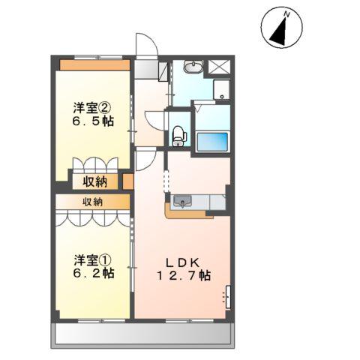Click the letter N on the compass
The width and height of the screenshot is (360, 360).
(287, 15)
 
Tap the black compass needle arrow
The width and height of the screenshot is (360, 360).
(280, 32)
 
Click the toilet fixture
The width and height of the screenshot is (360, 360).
(179, 136)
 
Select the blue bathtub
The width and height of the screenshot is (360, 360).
(212, 142)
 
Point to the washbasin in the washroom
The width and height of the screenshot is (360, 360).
(193, 67)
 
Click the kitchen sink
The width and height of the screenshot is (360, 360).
(183, 202)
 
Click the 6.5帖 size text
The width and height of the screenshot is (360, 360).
(93, 121)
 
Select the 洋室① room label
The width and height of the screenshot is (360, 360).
(92, 259)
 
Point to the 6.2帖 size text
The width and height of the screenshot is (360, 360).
(94, 273)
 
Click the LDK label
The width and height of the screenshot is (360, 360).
(183, 262)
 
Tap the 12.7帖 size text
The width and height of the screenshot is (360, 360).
(184, 276)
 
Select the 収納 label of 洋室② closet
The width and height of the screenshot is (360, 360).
(95, 181)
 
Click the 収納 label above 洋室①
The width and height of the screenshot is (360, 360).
(93, 202)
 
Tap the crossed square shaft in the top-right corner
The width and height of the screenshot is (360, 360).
(219, 67)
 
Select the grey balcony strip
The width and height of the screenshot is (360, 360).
(142, 335)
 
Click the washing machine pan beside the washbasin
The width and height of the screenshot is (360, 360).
(221, 90)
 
